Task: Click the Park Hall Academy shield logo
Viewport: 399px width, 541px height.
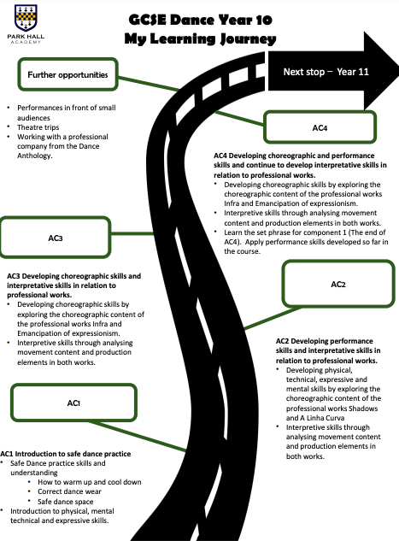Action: pos(26,18)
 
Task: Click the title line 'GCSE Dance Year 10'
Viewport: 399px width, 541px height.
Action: pos(201,20)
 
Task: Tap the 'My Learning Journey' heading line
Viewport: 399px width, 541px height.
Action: pos(201,38)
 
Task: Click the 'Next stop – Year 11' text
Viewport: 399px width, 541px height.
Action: pos(326,72)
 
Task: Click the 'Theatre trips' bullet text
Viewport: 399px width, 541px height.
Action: pos(38,127)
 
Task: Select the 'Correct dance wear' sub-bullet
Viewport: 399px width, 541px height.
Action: pos(69,491)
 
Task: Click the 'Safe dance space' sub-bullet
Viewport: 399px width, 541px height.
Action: pos(66,502)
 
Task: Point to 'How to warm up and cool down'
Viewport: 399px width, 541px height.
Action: pos(90,482)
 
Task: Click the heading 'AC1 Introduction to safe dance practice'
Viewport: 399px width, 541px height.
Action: pos(66,454)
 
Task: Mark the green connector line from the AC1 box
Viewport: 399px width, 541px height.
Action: pos(138,436)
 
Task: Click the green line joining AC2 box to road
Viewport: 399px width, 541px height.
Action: pos(273,318)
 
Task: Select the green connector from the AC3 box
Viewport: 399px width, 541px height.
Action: pos(132,233)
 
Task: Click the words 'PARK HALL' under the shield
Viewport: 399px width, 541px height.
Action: pos(26,37)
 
